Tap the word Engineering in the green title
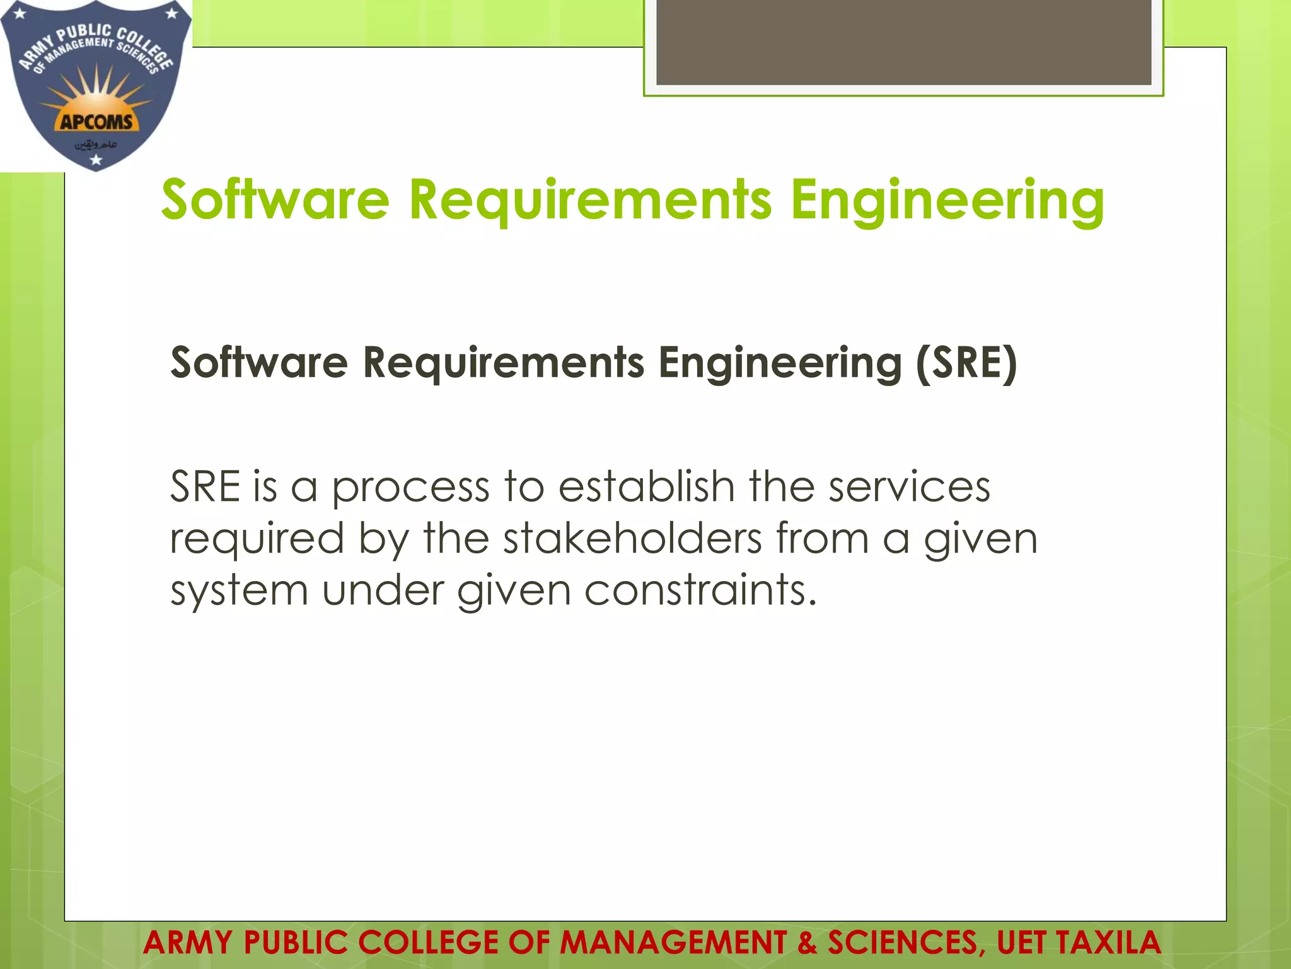[947, 201]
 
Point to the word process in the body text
[410, 488]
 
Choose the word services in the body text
[909, 488]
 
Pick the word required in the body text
[257, 539]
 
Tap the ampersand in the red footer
[807, 943]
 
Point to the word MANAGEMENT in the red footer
[673, 943]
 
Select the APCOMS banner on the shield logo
[96, 121]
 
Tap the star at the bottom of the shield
[96, 160]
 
